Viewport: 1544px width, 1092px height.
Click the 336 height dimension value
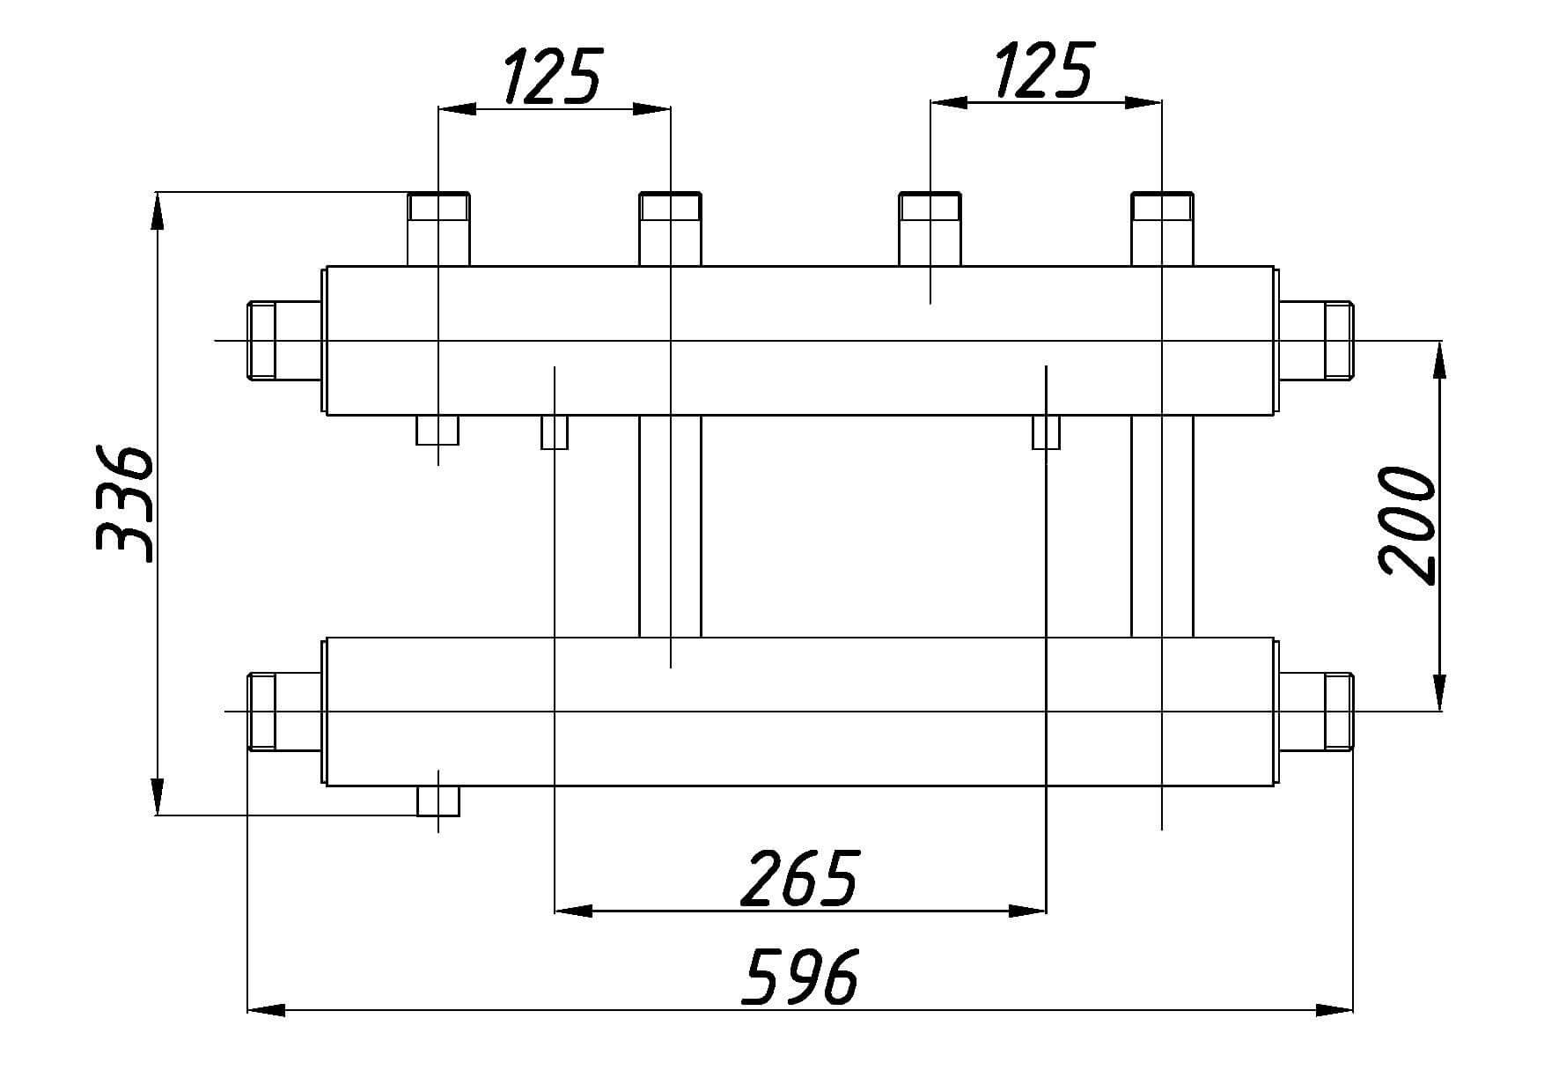point(124,505)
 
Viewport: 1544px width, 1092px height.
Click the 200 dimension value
point(1408,524)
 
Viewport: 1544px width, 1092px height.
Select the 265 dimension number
point(799,878)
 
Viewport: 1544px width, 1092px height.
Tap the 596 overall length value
point(799,976)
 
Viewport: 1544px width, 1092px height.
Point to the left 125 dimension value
point(552,75)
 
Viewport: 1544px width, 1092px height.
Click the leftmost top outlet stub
point(438,229)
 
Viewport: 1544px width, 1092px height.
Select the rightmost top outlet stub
point(1162,229)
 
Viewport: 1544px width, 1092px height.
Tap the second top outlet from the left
point(670,229)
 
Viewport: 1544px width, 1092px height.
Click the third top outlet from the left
point(930,229)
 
